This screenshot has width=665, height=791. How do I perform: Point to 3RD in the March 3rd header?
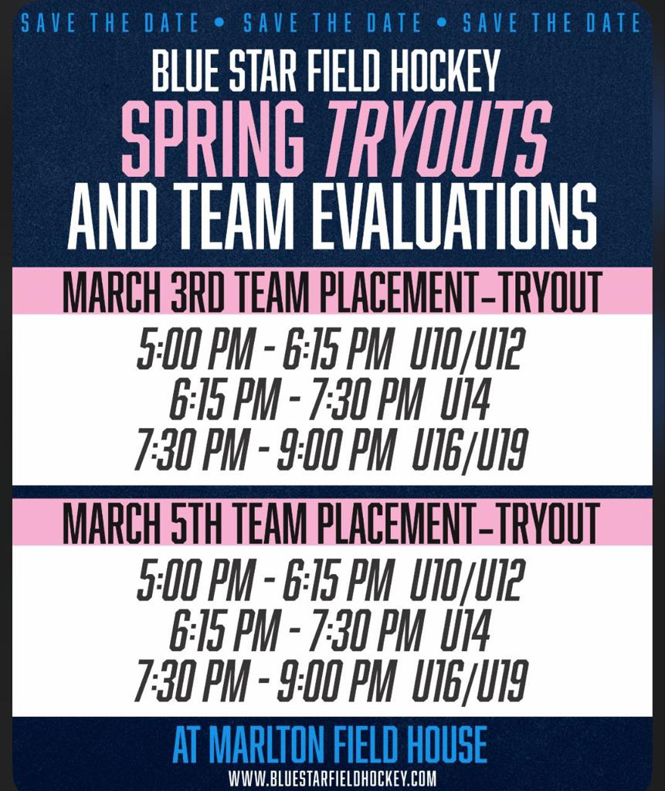tap(196, 293)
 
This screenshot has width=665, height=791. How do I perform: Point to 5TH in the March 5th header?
tap(196, 523)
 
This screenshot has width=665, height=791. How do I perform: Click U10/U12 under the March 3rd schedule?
tap(467, 348)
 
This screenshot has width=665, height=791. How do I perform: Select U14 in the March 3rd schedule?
tap(465, 399)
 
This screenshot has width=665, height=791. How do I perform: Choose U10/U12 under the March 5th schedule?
tap(467, 579)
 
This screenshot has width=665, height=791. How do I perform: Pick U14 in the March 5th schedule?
tap(465, 630)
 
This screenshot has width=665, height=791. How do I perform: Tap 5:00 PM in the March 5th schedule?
tap(195, 579)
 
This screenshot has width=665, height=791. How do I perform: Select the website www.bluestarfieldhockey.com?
tap(332, 777)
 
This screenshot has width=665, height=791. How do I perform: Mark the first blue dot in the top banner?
tap(219, 22)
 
